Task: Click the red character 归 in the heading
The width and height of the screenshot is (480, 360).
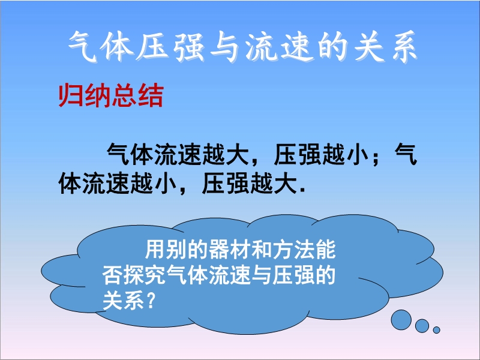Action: pyautogui.click(x=70, y=95)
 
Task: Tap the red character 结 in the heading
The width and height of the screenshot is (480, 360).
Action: pyautogui.click(x=151, y=95)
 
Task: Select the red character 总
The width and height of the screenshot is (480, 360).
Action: pyautogui.click(x=124, y=95)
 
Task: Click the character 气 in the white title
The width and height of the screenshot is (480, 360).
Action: pyautogui.click(x=83, y=47)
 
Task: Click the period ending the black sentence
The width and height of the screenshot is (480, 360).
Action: pyautogui.click(x=303, y=190)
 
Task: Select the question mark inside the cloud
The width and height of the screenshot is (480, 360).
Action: pyautogui.click(x=149, y=300)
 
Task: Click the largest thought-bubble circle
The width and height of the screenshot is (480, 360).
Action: pyautogui.click(x=401, y=320)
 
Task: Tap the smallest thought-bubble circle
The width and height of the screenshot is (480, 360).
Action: pyautogui.click(x=437, y=329)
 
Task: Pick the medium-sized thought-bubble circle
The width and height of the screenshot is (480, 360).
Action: pyautogui.click(x=422, y=325)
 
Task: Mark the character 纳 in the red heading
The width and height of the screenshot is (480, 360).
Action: pyautogui.click(x=97, y=95)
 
